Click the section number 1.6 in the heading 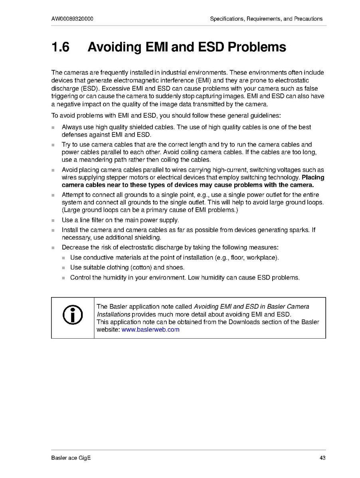pos(61,48)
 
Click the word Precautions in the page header pos(308,19)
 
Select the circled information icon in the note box pos(73,315)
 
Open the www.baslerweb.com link pos(150,329)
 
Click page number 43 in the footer pos(322,458)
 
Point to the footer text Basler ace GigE pos(71,458)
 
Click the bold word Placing pos(313,177)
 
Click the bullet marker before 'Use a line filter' pos(53,220)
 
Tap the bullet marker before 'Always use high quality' pos(53,127)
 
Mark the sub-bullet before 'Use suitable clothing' pos(64,268)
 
